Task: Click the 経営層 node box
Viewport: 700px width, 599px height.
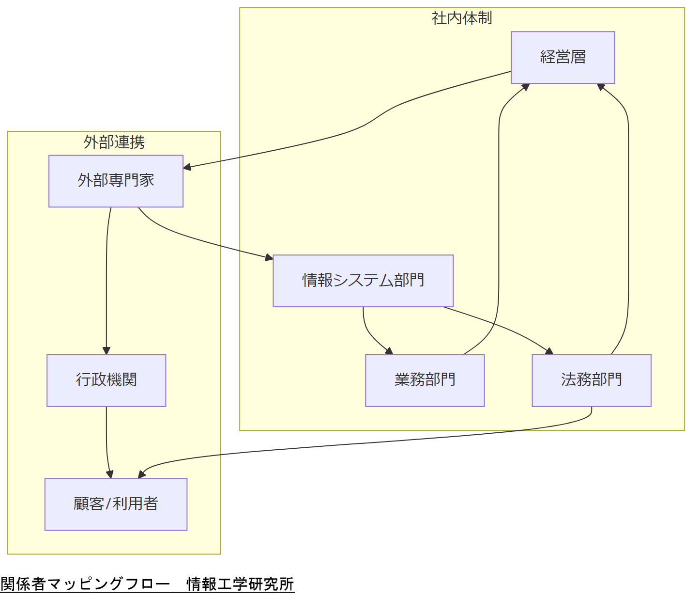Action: click(563, 58)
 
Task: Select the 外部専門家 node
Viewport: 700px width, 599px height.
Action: click(116, 181)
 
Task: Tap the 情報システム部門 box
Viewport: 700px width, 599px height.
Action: click(363, 281)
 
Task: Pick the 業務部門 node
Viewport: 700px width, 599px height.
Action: click(425, 380)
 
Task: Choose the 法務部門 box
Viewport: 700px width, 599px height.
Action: click(591, 380)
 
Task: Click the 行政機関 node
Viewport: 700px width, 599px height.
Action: click(106, 380)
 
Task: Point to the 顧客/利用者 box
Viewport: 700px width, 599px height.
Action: click(116, 504)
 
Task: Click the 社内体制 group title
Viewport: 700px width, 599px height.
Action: click(462, 18)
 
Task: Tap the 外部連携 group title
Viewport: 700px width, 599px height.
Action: click(114, 142)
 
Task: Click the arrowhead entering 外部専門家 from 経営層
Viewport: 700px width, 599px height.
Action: click(187, 168)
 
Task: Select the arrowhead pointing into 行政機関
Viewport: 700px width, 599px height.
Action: click(107, 351)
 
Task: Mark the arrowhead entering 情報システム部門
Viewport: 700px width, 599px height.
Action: click(270, 258)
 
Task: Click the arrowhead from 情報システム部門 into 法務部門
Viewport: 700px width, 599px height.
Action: click(550, 352)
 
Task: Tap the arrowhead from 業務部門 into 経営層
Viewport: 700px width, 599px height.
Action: click(526, 86)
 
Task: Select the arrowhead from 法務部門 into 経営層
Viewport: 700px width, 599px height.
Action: click(600, 86)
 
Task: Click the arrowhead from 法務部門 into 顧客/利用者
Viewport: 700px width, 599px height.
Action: click(141, 475)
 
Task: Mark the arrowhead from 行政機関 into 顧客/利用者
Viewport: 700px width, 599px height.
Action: click(110, 475)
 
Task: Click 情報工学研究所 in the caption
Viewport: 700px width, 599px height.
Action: click(241, 584)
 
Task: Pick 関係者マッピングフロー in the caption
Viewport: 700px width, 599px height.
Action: click(85, 584)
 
